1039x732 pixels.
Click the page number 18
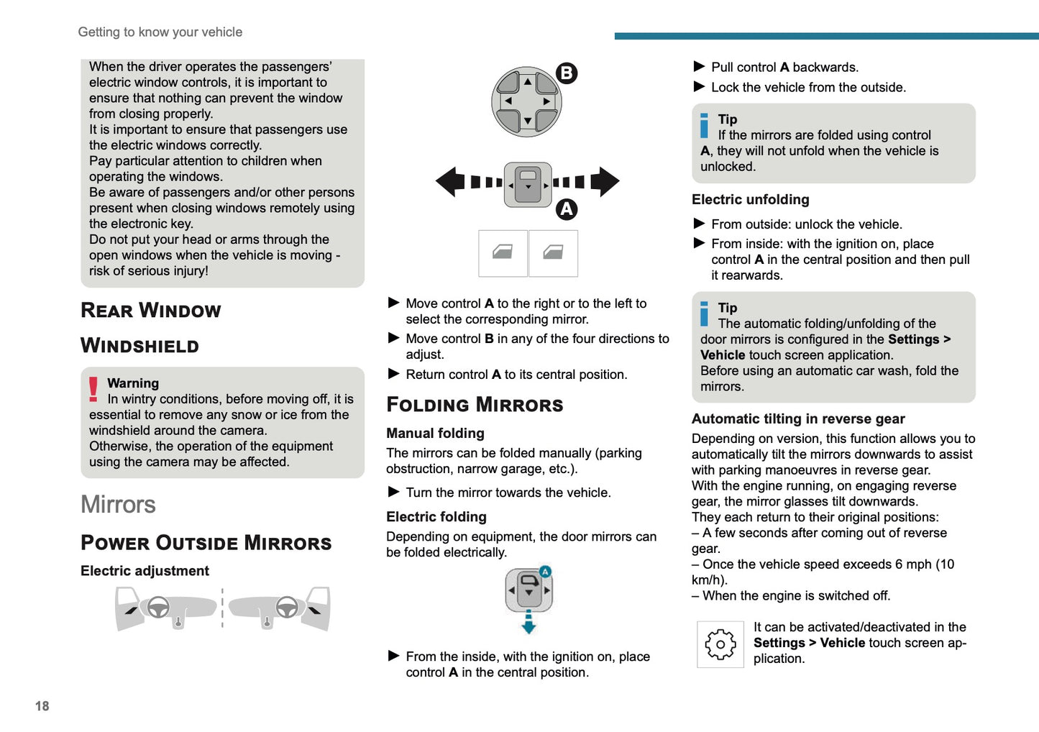point(42,706)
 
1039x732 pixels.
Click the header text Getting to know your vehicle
point(160,32)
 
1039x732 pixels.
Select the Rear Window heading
point(150,311)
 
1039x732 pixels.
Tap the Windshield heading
point(139,346)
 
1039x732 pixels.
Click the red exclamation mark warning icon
point(93,389)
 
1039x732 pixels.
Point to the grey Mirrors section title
point(118,505)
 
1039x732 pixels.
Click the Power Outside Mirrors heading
point(206,543)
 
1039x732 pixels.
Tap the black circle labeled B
point(567,73)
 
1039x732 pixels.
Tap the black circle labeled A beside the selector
point(567,209)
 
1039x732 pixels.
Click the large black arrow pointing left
point(451,182)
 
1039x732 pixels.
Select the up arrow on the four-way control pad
point(528,82)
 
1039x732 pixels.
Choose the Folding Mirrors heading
point(475,405)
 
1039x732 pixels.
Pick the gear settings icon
point(720,644)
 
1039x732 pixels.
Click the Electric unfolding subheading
point(750,200)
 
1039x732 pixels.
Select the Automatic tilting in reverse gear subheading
point(798,419)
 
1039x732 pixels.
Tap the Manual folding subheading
point(435,434)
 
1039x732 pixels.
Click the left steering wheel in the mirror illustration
point(158,608)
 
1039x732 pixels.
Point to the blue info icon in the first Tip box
point(704,126)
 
